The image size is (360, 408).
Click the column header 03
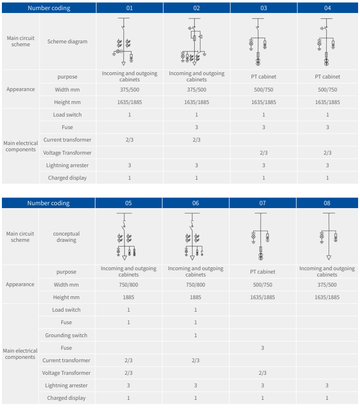[264, 8]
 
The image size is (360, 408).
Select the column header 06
[195, 203]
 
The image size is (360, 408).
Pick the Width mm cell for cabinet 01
[130, 90]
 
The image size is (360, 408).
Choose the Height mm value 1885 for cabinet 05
[129, 297]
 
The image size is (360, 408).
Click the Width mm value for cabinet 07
[263, 285]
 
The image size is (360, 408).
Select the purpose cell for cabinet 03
[264, 77]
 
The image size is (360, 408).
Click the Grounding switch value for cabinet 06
[195, 335]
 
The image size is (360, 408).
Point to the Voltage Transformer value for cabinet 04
[327, 153]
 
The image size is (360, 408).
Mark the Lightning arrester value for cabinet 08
[327, 385]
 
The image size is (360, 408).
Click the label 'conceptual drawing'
[66, 237]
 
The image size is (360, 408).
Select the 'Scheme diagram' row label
[67, 41]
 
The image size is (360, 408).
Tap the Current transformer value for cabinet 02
[197, 140]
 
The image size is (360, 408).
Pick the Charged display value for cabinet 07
[262, 398]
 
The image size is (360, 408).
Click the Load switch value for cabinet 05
[129, 310]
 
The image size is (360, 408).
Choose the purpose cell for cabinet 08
[327, 271]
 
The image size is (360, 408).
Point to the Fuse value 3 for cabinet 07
[262, 348]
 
